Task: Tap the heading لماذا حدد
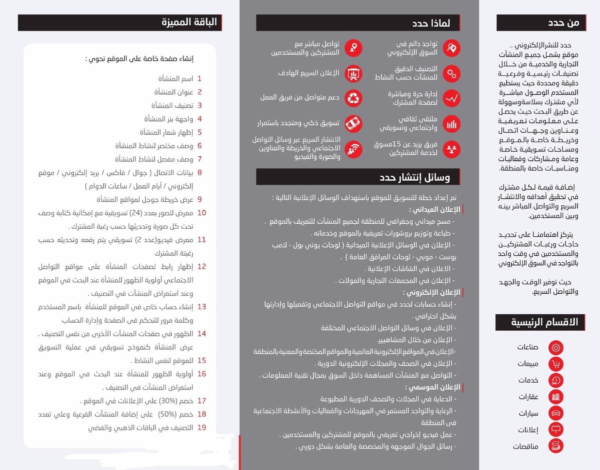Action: [x=431, y=23]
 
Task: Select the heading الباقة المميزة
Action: [x=189, y=22]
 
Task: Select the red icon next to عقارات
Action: [x=556, y=397]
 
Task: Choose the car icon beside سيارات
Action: [x=556, y=413]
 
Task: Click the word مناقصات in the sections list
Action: [x=525, y=446]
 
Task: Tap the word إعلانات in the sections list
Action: [x=528, y=430]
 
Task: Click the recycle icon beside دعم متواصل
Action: [x=354, y=98]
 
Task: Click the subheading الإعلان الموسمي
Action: [x=432, y=387]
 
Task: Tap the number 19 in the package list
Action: [x=201, y=428]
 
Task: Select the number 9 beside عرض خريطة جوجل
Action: [x=199, y=199]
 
